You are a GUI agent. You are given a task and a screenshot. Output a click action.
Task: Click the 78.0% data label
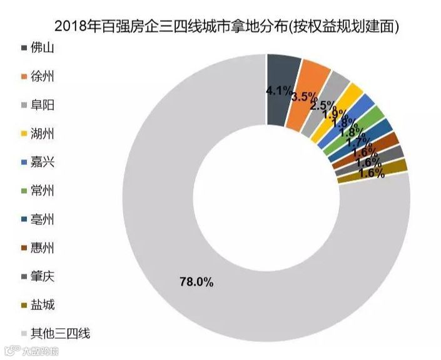(x=196, y=282)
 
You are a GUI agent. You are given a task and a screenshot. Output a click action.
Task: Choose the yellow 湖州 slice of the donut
(x=352, y=93)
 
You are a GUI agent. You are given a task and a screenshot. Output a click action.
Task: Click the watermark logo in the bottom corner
(x=31, y=351)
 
